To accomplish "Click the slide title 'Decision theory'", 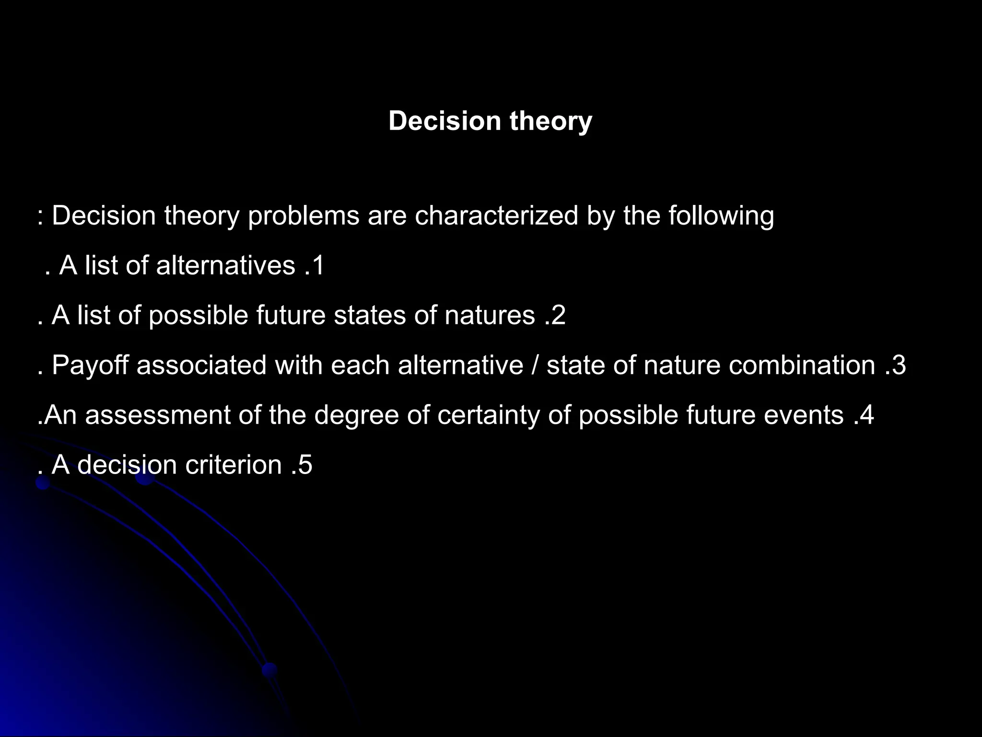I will (490, 120).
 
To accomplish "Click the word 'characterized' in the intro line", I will (496, 215).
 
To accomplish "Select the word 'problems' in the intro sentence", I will (303, 215).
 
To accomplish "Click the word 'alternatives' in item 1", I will (225, 265).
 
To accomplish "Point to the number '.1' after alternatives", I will (315, 265).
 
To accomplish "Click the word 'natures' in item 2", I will (489, 315).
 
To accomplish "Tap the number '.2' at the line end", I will (555, 315).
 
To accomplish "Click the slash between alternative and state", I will (535, 365).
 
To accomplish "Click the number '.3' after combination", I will (896, 365).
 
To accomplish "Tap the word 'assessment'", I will (158, 415).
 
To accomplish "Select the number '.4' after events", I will (864, 415).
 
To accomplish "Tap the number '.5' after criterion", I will (302, 465).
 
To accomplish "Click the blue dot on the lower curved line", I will (269, 669).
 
